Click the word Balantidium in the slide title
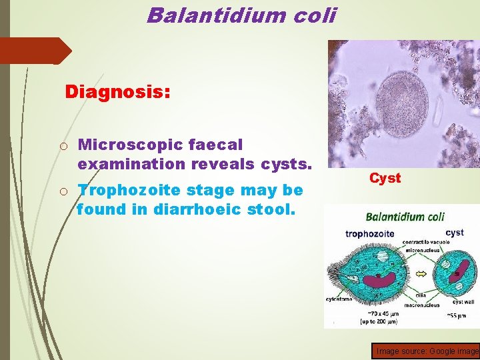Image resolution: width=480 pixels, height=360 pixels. [208, 14]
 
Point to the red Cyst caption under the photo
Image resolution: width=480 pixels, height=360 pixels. [385, 178]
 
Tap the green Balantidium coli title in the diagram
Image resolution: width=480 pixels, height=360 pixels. [405, 217]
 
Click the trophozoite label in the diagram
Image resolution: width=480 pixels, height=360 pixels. [370, 233]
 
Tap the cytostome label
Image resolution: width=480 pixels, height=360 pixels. [340, 299]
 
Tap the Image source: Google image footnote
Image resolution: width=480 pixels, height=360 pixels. [427, 351]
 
